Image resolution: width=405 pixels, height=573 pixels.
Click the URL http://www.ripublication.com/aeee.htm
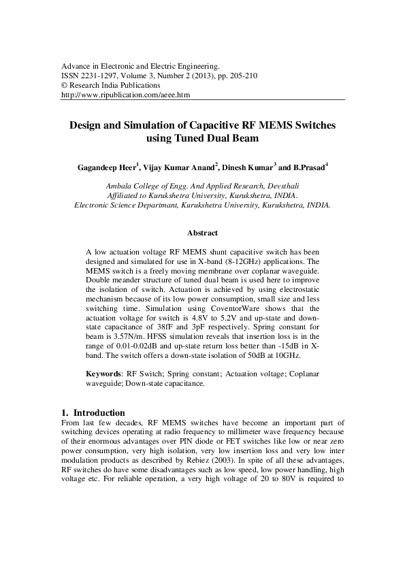126,96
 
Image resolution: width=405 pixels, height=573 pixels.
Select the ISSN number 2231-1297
100,76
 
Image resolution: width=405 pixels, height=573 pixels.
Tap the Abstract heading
202,233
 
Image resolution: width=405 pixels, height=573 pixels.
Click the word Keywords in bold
103,374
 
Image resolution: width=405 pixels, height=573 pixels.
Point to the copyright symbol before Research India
65,86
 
